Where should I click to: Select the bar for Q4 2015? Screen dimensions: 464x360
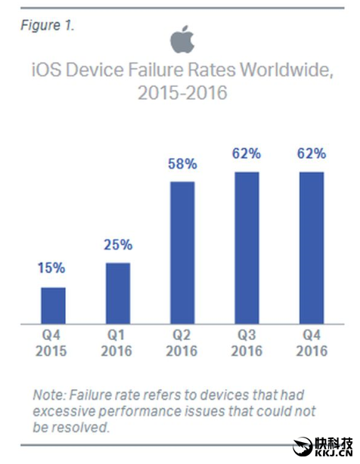coord(53,305)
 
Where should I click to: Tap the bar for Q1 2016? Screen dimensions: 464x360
coord(117,293)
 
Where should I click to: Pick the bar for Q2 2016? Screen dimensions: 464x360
coord(182,252)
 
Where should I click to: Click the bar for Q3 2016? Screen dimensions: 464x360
coord(247,247)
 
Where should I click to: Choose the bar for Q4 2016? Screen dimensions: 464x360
coord(312,247)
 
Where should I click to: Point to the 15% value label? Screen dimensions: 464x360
coord(52,268)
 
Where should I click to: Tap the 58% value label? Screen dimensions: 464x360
coord(182,163)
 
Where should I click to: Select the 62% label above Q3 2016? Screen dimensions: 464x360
coord(247,153)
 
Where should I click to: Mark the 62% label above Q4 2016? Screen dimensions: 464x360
coord(312,153)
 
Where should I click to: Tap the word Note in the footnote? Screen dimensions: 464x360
coord(46,394)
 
